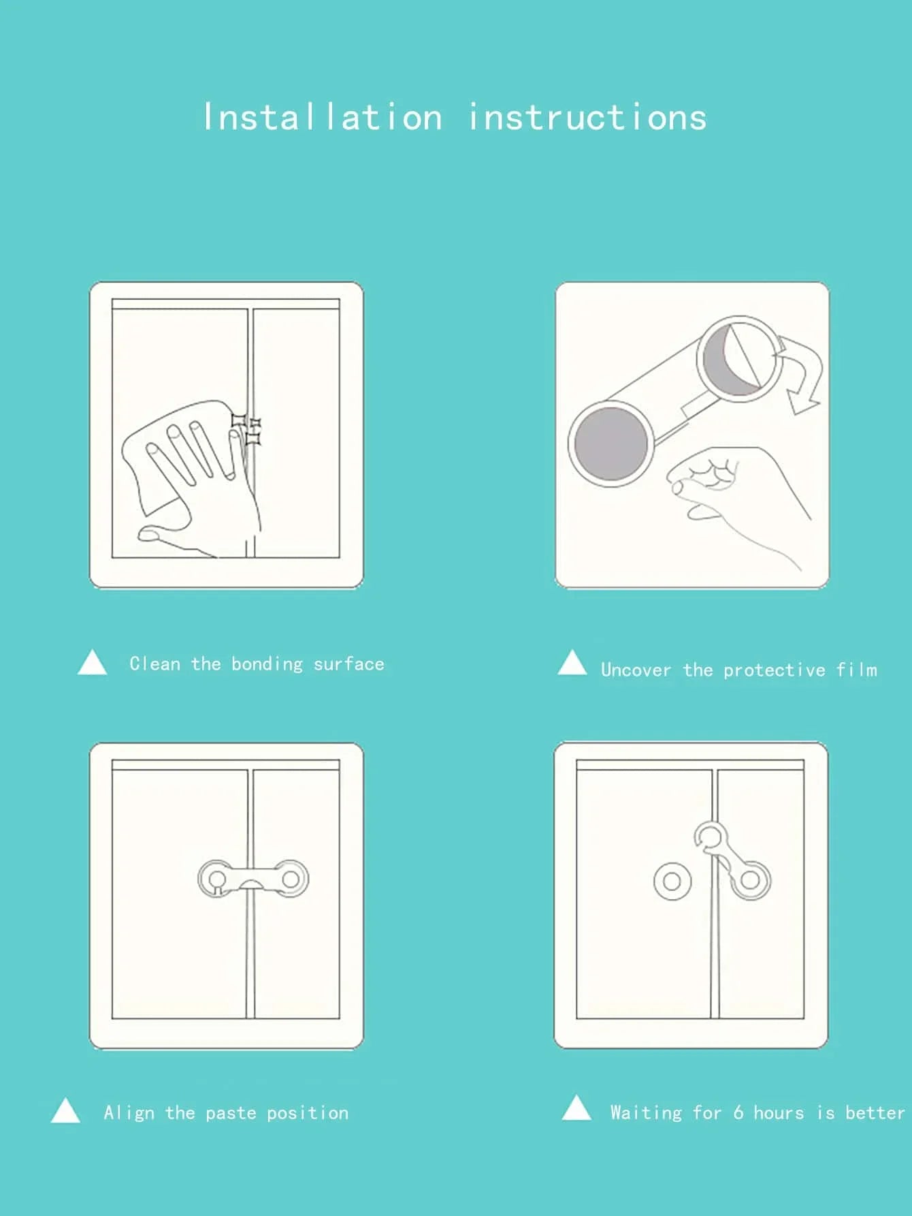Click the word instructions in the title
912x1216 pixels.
[587, 117]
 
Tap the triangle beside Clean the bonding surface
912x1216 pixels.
[93, 663]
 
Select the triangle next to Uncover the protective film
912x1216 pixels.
[572, 664]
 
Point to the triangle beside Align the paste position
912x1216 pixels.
[66, 1111]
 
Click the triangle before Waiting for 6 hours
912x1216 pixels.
[576, 1108]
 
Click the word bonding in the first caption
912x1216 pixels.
[267, 664]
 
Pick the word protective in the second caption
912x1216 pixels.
[774, 670]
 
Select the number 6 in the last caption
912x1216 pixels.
[738, 1112]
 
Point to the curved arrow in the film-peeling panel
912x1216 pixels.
[801, 375]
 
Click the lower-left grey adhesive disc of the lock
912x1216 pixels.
[610, 442]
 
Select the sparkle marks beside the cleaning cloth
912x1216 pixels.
[247, 429]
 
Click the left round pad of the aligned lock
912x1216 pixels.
[217, 879]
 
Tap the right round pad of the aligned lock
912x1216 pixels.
[290, 879]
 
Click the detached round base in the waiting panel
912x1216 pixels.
[672, 882]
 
